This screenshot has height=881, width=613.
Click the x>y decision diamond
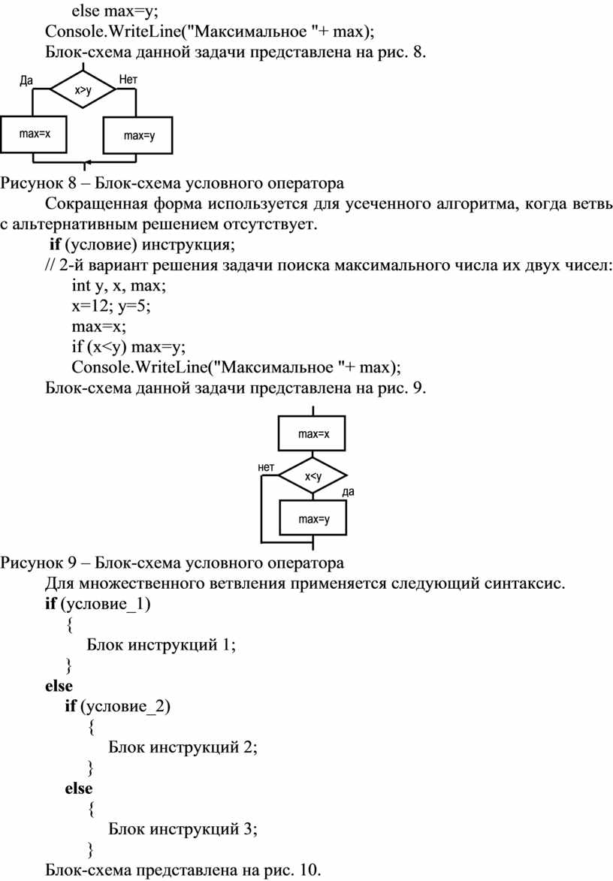pos(83,89)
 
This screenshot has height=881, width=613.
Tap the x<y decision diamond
pos(313,476)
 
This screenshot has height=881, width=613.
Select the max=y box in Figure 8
pos(137,135)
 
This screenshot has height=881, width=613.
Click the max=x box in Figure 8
pos(34,134)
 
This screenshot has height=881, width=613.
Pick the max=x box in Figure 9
pos(313,433)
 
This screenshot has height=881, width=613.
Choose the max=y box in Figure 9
pos(313,518)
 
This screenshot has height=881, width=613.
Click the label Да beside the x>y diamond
pos(26,80)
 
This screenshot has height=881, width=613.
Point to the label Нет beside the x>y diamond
pos(128,80)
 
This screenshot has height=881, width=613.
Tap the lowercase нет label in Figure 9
pos(266,467)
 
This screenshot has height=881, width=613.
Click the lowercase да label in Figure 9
pos(349,492)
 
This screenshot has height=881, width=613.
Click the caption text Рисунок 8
pos(38,184)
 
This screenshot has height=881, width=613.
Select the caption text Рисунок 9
pos(38,563)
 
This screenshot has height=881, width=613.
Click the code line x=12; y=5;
pos(111,306)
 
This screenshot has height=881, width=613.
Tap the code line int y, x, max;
pos(119,286)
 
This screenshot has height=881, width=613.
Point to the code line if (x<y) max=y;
pos(128,347)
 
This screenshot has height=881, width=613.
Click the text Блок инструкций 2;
pos(183,747)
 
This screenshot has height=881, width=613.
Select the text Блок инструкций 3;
pos(183,828)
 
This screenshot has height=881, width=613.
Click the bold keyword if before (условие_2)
pos(70,706)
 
